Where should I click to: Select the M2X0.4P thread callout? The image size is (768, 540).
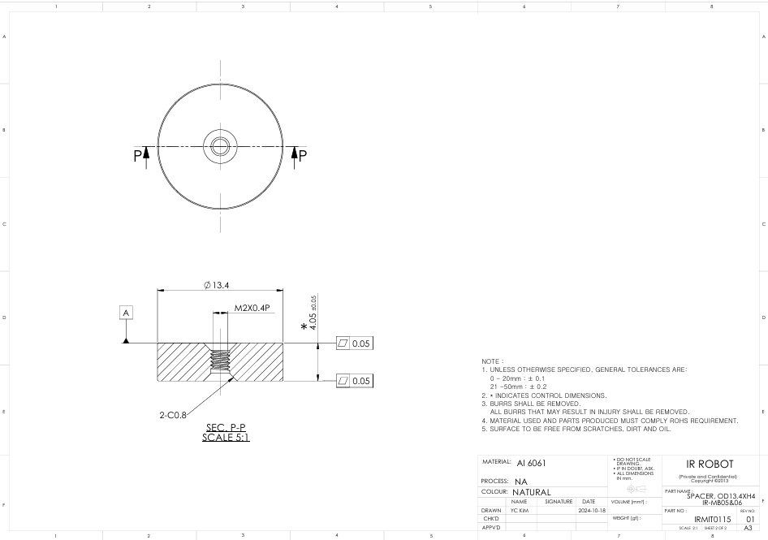pos(252,308)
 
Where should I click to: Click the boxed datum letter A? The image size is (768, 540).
pos(126,312)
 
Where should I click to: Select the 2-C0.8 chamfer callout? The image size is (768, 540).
pos(172,414)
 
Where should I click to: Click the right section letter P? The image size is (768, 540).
pos(302,155)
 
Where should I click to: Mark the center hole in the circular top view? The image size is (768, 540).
pos(220,146)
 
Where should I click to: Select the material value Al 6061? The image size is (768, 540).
pos(531,463)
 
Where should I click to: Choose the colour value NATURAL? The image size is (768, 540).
pos(532,492)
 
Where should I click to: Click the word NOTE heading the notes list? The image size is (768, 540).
pos(493,361)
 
